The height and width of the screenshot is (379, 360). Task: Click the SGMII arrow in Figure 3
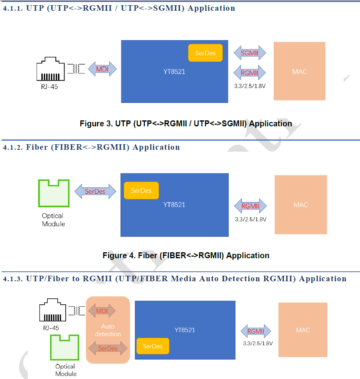click(250, 53)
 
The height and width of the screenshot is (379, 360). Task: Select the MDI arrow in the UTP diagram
click(102, 69)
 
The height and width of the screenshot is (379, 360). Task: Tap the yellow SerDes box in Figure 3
click(205, 53)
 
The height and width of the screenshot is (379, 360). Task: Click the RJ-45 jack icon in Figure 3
click(50, 69)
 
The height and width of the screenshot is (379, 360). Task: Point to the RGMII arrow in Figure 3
click(250, 73)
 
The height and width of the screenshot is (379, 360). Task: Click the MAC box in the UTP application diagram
click(299, 71)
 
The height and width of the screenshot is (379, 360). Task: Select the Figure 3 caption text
click(186, 124)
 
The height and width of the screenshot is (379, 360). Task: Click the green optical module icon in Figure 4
click(54, 193)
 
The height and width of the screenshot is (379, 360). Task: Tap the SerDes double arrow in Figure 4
click(95, 191)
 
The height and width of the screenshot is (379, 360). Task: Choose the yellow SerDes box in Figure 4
click(141, 191)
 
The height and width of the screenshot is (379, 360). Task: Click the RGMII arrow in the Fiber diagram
click(251, 206)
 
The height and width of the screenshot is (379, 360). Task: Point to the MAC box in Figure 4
click(301, 205)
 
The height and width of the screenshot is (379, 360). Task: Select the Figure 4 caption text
click(186, 255)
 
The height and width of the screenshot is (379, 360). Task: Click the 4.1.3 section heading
click(175, 278)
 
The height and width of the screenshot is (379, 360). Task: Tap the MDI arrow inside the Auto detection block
click(102, 311)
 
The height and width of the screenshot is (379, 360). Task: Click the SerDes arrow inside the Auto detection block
click(108, 348)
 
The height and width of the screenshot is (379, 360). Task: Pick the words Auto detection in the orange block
click(108, 330)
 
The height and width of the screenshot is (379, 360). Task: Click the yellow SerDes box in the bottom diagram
click(152, 346)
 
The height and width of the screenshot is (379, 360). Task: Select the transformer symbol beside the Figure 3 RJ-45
click(76, 69)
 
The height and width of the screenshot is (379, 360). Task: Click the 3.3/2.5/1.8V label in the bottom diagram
click(258, 343)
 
